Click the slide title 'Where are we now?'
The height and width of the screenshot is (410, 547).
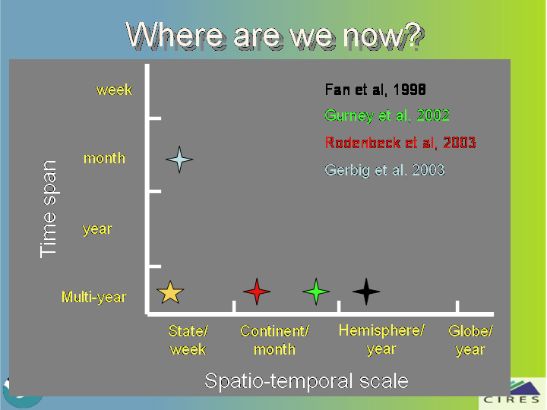[x=275, y=35]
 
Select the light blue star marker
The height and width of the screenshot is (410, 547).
[x=179, y=159]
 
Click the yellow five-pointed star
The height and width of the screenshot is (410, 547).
[x=170, y=292]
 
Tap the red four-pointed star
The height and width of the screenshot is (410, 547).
[x=257, y=292]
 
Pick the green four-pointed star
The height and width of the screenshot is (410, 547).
[x=316, y=292]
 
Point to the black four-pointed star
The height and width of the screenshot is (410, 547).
[x=366, y=292]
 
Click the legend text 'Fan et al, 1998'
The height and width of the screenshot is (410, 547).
[x=375, y=90]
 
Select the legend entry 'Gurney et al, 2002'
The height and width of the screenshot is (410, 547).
[x=387, y=115]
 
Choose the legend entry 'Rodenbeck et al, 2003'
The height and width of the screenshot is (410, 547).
[x=400, y=143]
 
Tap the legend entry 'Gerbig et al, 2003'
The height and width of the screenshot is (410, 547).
[x=384, y=170]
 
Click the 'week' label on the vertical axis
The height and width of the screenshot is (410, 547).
[x=115, y=90]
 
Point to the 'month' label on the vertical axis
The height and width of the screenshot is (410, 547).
[x=104, y=158]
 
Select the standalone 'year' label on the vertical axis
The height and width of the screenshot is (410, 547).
[x=97, y=229]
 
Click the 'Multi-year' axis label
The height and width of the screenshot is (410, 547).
[x=94, y=297]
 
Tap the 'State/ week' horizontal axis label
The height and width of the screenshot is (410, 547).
[x=188, y=340]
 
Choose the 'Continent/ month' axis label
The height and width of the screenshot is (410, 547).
[x=274, y=340]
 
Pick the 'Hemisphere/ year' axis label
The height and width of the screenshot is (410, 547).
[x=381, y=340]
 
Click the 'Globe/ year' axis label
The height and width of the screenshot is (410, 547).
[x=470, y=340]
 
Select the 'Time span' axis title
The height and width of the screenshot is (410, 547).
[x=48, y=210]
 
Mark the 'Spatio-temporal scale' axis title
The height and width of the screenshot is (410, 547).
[x=306, y=380]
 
